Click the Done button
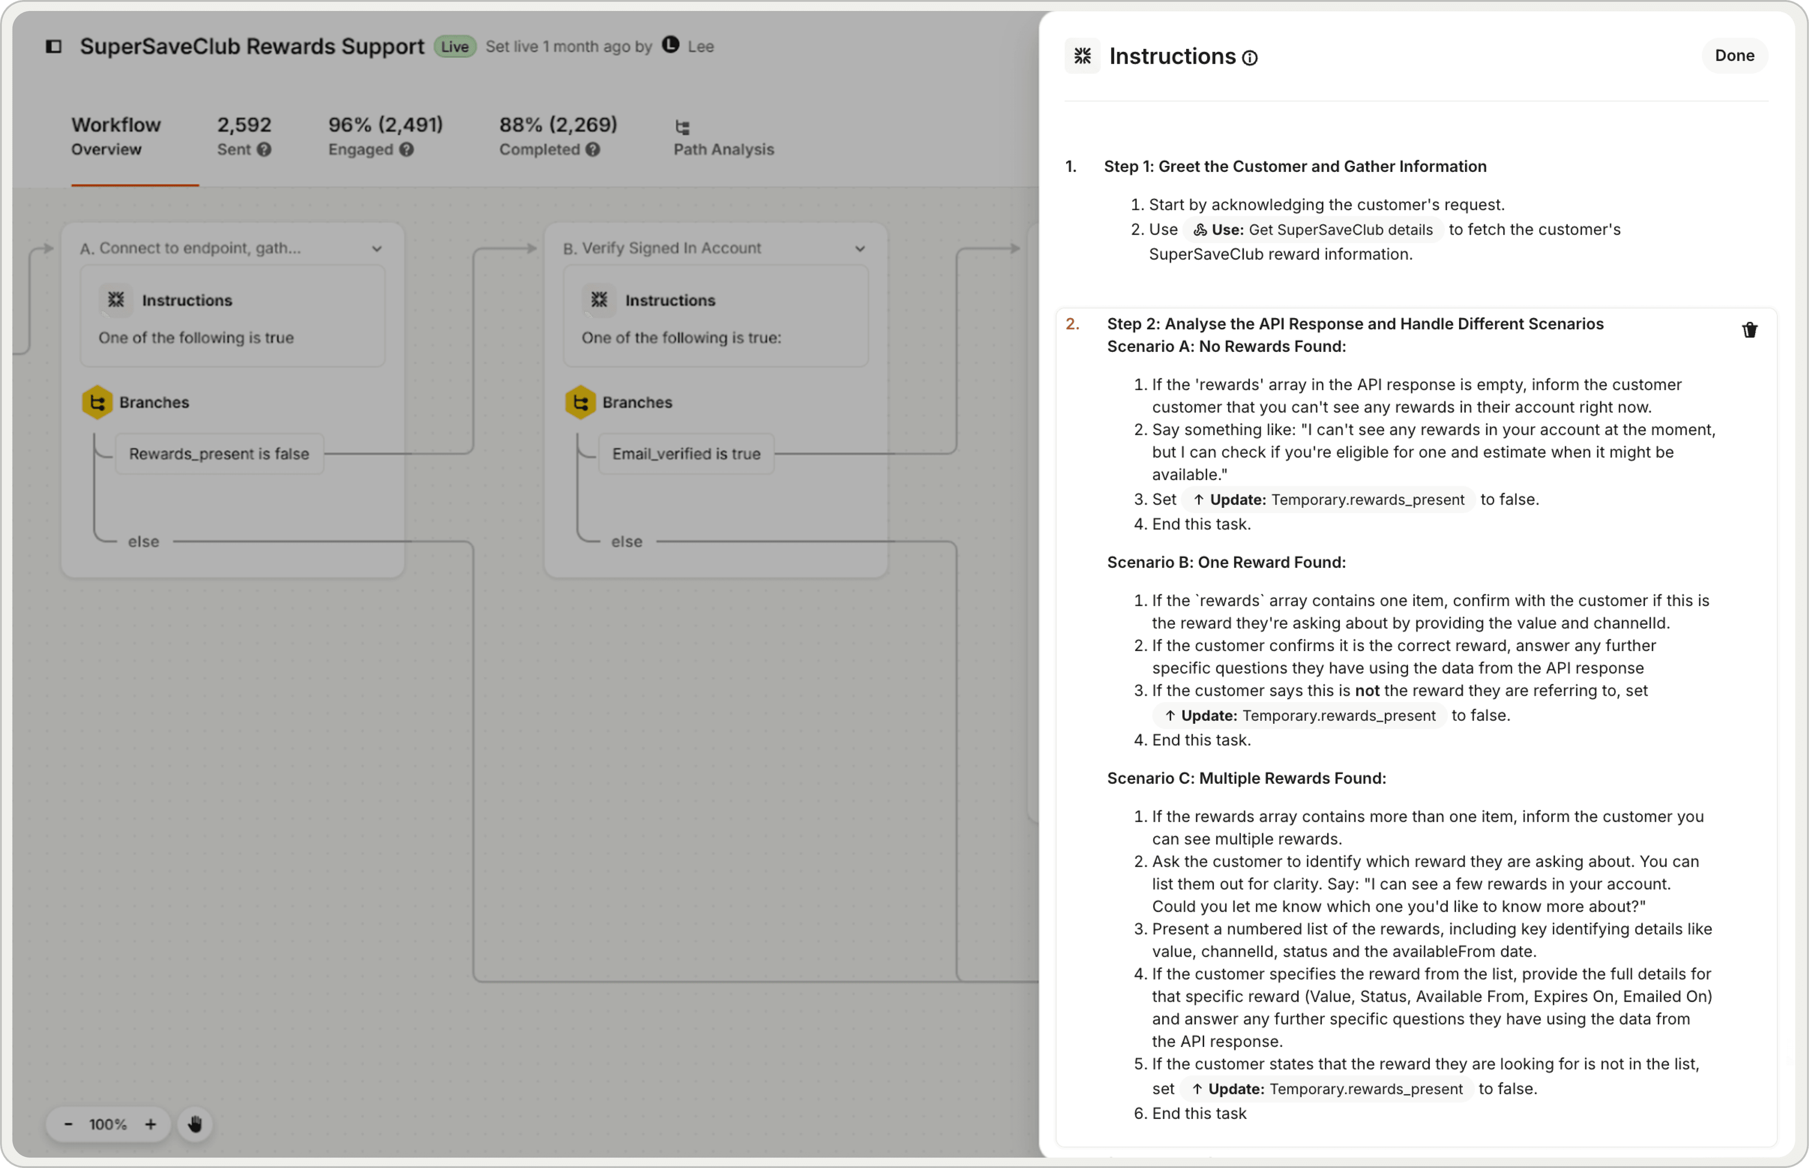click(1734, 56)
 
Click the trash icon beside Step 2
click(1749, 330)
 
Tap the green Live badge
click(455, 46)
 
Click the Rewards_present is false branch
click(219, 454)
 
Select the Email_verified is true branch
click(686, 454)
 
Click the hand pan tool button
click(195, 1124)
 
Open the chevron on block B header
click(860, 249)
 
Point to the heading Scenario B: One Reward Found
click(1226, 562)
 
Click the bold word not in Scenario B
click(1367, 691)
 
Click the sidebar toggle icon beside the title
click(54, 46)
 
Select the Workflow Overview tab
click(116, 136)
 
